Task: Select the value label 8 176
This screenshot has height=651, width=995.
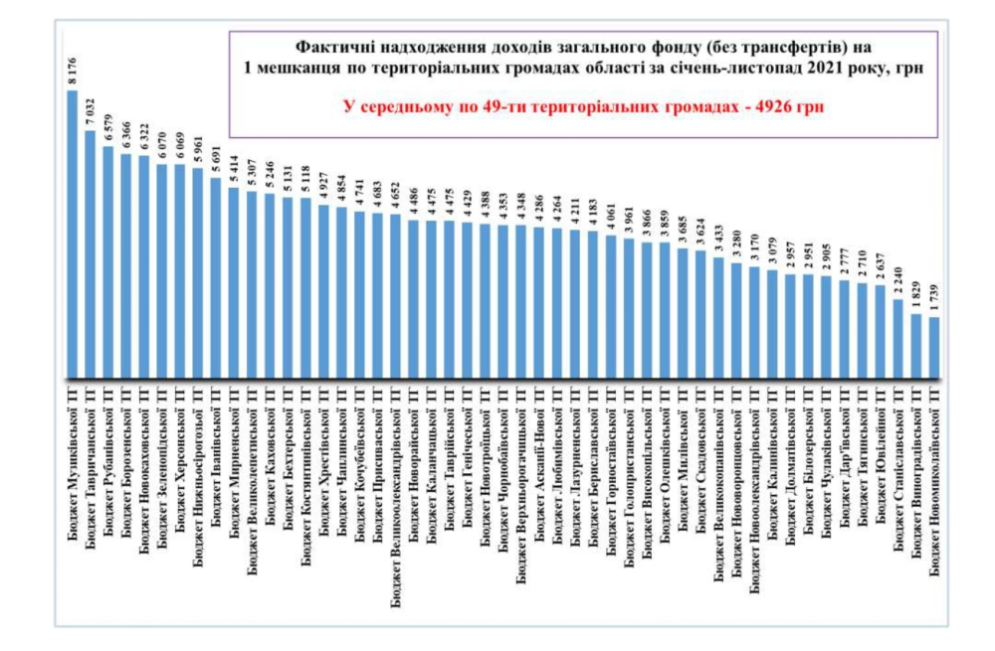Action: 73,70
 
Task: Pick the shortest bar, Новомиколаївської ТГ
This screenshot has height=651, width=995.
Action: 934,347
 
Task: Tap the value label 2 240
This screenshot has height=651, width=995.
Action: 898,279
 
